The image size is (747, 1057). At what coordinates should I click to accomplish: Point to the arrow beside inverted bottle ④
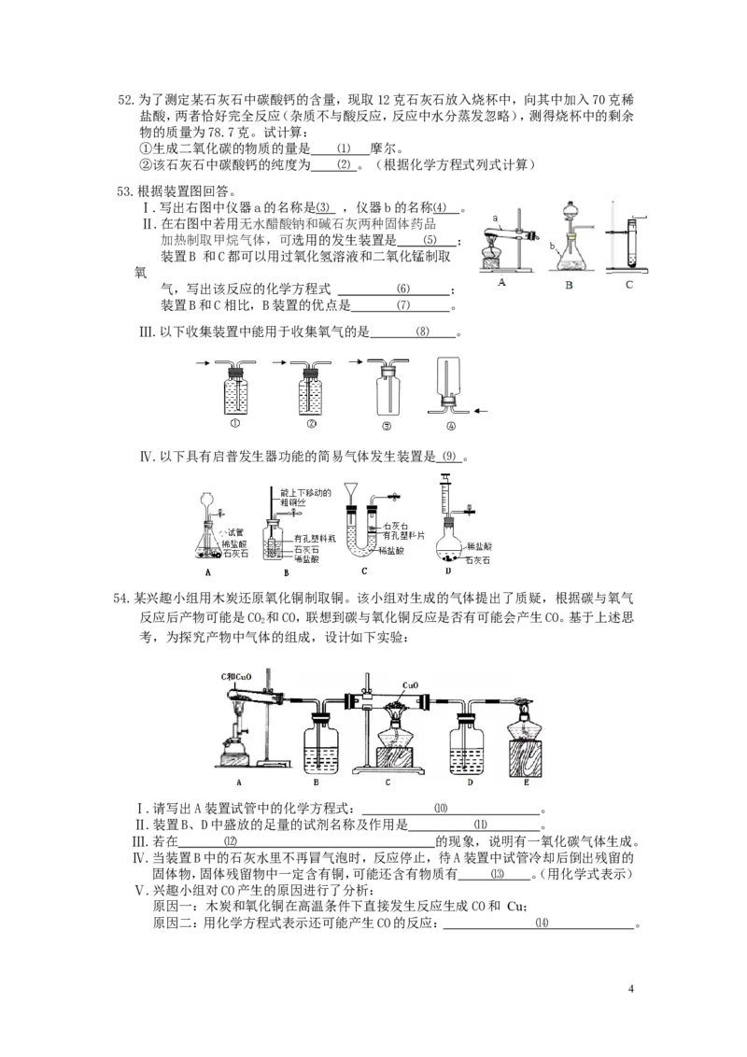482,409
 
